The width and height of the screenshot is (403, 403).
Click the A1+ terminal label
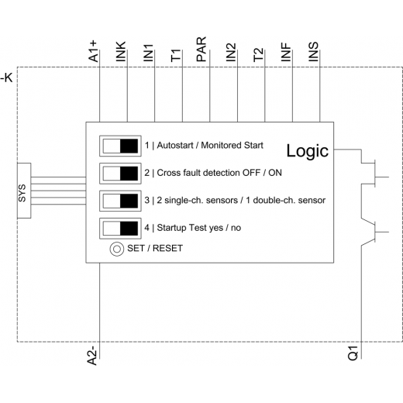click(94, 51)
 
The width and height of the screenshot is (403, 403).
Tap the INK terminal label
click(121, 52)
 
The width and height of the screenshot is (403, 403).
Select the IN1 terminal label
click(149, 53)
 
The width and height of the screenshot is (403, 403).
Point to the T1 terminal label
click(176, 56)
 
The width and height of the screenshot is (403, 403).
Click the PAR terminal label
click(201, 50)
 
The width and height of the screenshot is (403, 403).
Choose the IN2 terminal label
click(231, 53)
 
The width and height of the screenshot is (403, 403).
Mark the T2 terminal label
click(259, 55)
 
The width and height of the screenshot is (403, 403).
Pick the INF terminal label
click(286, 53)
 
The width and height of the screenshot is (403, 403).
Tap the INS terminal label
click(314, 52)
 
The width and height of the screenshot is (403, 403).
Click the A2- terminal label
click(92, 357)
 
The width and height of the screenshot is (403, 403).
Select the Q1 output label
click(353, 353)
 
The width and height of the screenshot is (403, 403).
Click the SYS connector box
click(24, 191)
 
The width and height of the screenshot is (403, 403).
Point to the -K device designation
click(6, 77)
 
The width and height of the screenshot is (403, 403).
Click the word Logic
click(308, 150)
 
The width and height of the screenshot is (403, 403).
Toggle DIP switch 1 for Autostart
click(120, 146)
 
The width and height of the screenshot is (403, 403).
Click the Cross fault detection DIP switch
click(120, 174)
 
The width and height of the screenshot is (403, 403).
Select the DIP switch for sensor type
click(120, 201)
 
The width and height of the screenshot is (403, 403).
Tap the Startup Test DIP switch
click(120, 229)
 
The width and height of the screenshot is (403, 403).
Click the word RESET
click(167, 248)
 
